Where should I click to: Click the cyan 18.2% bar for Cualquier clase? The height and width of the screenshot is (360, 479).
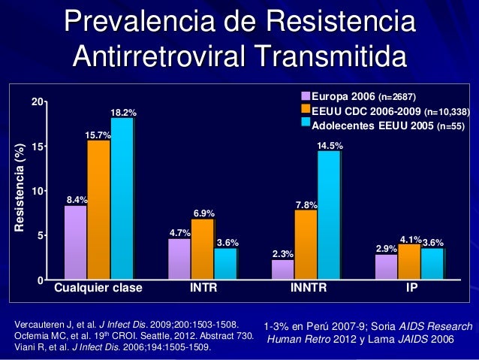point(122,199)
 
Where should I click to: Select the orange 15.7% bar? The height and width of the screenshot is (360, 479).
point(98,210)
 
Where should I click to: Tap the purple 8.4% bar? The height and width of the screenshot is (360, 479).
point(75,242)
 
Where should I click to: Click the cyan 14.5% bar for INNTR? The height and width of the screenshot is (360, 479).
point(329,215)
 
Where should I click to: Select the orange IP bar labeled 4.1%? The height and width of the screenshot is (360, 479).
point(409,262)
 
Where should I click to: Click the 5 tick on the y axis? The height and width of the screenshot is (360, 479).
point(38,236)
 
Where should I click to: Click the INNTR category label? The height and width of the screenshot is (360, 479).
point(309,287)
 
